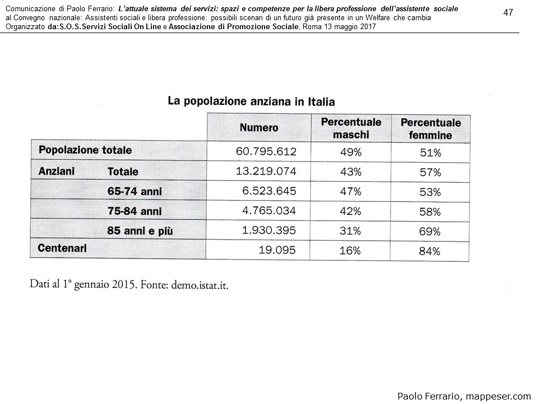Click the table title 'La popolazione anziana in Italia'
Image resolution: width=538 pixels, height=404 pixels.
[251, 102]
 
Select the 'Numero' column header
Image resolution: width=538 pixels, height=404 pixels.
[259, 128]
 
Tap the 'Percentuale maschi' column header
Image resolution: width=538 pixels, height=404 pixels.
[351, 128]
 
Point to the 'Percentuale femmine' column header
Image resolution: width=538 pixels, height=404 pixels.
[430, 129]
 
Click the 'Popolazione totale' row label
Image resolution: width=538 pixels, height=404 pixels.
[85, 150]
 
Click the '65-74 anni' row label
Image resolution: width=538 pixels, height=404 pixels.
[134, 192]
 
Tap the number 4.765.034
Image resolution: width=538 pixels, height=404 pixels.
[269, 211]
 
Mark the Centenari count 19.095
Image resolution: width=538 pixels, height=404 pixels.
[277, 250]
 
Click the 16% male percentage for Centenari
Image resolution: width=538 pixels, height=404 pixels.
[350, 251]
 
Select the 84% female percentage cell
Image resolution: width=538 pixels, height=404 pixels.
[430, 251]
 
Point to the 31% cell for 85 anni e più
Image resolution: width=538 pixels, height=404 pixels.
[350, 231]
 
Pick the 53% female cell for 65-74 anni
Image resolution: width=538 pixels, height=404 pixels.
[430, 192]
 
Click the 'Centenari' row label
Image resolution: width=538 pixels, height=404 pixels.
[62, 248]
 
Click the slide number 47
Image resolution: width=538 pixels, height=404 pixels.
[508, 13]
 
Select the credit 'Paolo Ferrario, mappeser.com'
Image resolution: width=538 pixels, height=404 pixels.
[463, 396]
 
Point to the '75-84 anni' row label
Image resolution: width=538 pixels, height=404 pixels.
[134, 212]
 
